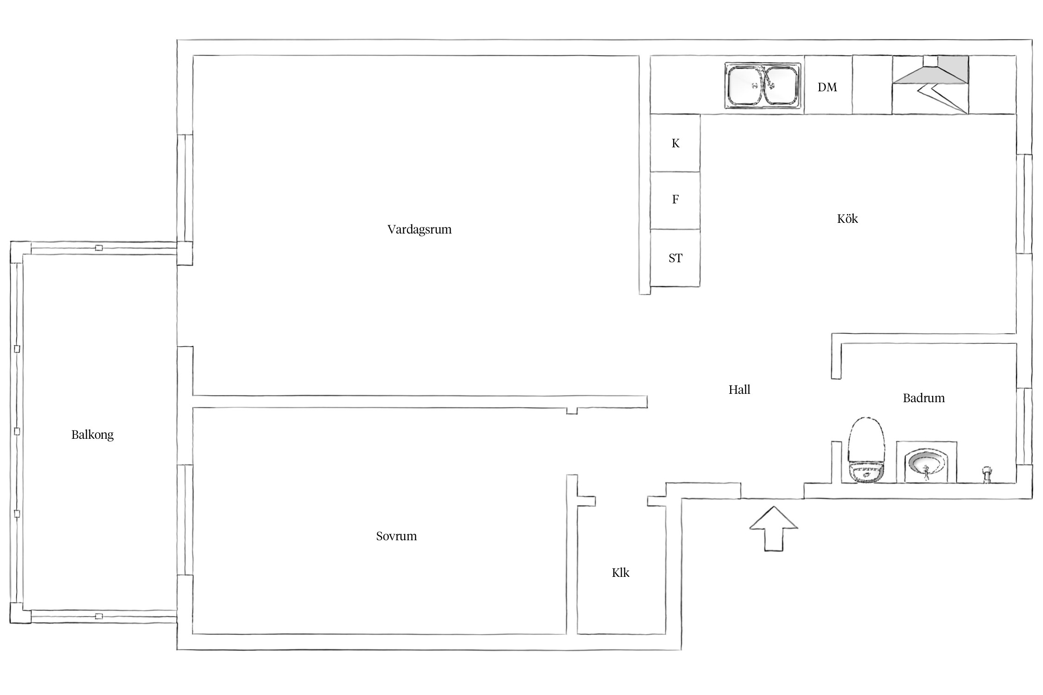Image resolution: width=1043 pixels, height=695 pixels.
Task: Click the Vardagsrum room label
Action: tap(419, 229)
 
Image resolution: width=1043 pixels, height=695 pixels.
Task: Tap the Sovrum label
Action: tap(396, 536)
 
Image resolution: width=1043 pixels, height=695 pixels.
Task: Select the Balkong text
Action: tap(92, 435)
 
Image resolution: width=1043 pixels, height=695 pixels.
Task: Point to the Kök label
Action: tap(847, 218)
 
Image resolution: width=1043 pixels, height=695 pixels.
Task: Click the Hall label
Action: tap(739, 390)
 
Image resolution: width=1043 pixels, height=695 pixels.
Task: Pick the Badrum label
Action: tap(923, 398)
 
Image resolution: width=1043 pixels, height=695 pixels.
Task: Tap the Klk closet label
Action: tap(621, 573)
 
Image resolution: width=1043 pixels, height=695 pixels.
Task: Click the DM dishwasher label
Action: tap(827, 87)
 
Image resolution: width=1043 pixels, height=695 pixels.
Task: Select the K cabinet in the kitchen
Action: tap(675, 143)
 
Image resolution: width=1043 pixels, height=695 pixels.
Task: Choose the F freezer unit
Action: tap(675, 201)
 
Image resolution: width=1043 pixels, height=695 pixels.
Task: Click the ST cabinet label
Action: tap(675, 258)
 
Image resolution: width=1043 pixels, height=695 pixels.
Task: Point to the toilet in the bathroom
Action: tap(866, 450)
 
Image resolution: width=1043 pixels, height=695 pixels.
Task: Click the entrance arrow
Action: tap(774, 529)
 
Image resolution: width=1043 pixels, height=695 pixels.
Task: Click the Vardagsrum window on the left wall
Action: tap(185, 188)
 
